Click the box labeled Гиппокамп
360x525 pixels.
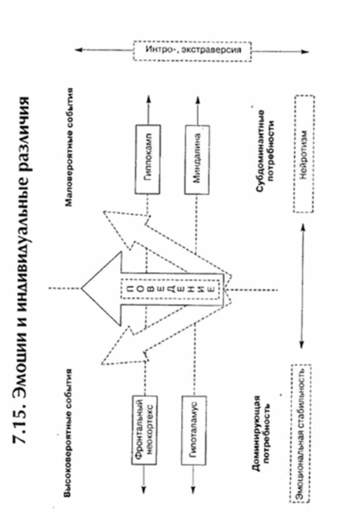click(146, 159)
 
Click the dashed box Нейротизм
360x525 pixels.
click(304, 154)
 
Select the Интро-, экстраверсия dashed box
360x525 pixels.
click(192, 51)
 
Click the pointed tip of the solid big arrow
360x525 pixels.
click(82, 289)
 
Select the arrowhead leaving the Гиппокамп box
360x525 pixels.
click(146, 97)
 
